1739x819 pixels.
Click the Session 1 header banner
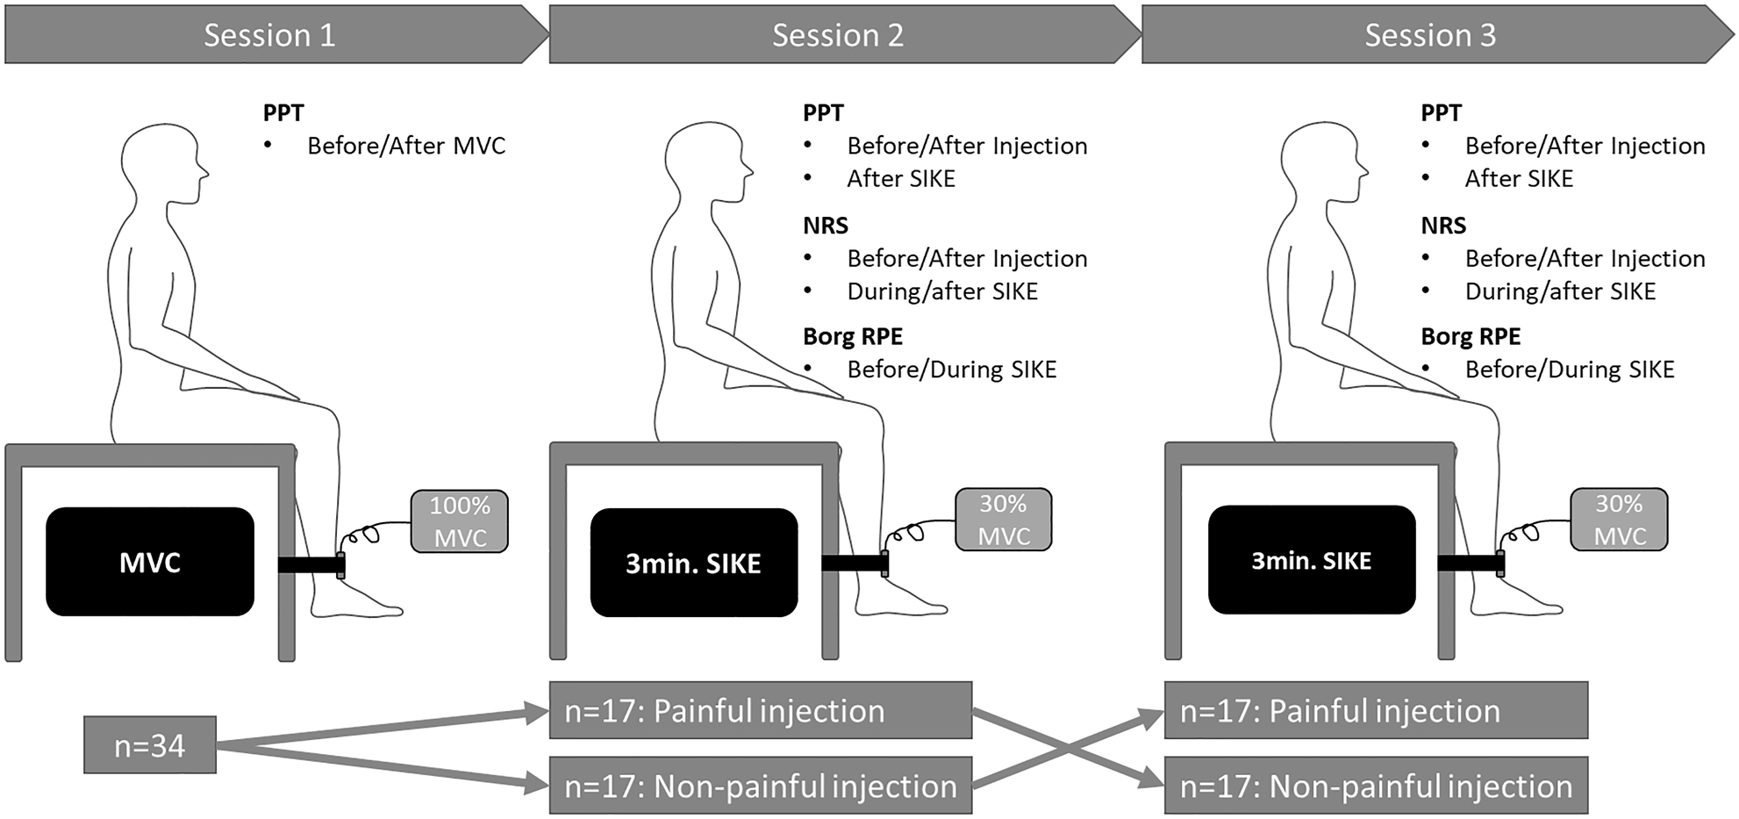point(269,35)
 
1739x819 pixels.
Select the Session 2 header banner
point(838,35)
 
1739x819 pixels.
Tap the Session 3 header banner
point(1430,35)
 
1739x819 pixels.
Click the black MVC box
point(150,562)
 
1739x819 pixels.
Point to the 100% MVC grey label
point(460,521)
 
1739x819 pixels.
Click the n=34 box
point(150,745)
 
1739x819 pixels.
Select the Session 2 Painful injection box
point(760,710)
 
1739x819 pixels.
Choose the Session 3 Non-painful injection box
point(1376,786)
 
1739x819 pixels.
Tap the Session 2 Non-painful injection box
point(760,786)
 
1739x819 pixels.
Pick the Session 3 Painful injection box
point(1376,710)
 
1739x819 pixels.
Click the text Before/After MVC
point(406,146)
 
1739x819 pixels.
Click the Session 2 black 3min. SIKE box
point(693,563)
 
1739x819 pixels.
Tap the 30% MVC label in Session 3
point(1619,520)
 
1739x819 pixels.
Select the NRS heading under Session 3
point(1443,226)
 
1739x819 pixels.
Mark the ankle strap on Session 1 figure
point(340,564)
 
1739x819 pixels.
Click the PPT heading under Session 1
point(283,113)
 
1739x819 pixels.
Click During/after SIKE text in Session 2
point(941,291)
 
